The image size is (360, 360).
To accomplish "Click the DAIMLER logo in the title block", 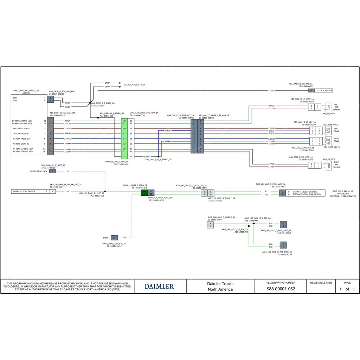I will (x=159, y=287).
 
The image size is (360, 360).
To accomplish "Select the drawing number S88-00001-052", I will (x=281, y=289).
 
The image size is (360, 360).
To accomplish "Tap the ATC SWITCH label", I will (x=326, y=90).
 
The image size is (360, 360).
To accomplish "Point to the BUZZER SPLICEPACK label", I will (x=38, y=171).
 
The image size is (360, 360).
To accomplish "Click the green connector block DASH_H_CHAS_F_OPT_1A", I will (x=124, y=139).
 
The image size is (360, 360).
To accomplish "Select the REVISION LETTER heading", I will (x=321, y=283).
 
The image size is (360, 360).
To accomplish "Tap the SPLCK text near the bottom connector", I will (x=106, y=238).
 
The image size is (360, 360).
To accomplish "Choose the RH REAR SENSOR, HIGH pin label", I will (x=23, y=152).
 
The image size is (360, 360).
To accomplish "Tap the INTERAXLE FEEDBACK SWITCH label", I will (x=343, y=196).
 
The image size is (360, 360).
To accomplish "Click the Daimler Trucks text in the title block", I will (x=220, y=284).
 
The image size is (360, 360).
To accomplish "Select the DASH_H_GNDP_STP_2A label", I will (x=134, y=85).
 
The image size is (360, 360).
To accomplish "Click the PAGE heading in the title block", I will (x=347, y=283).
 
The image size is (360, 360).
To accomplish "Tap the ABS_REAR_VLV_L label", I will (x=331, y=125).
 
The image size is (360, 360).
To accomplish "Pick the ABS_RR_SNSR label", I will (x=329, y=159).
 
